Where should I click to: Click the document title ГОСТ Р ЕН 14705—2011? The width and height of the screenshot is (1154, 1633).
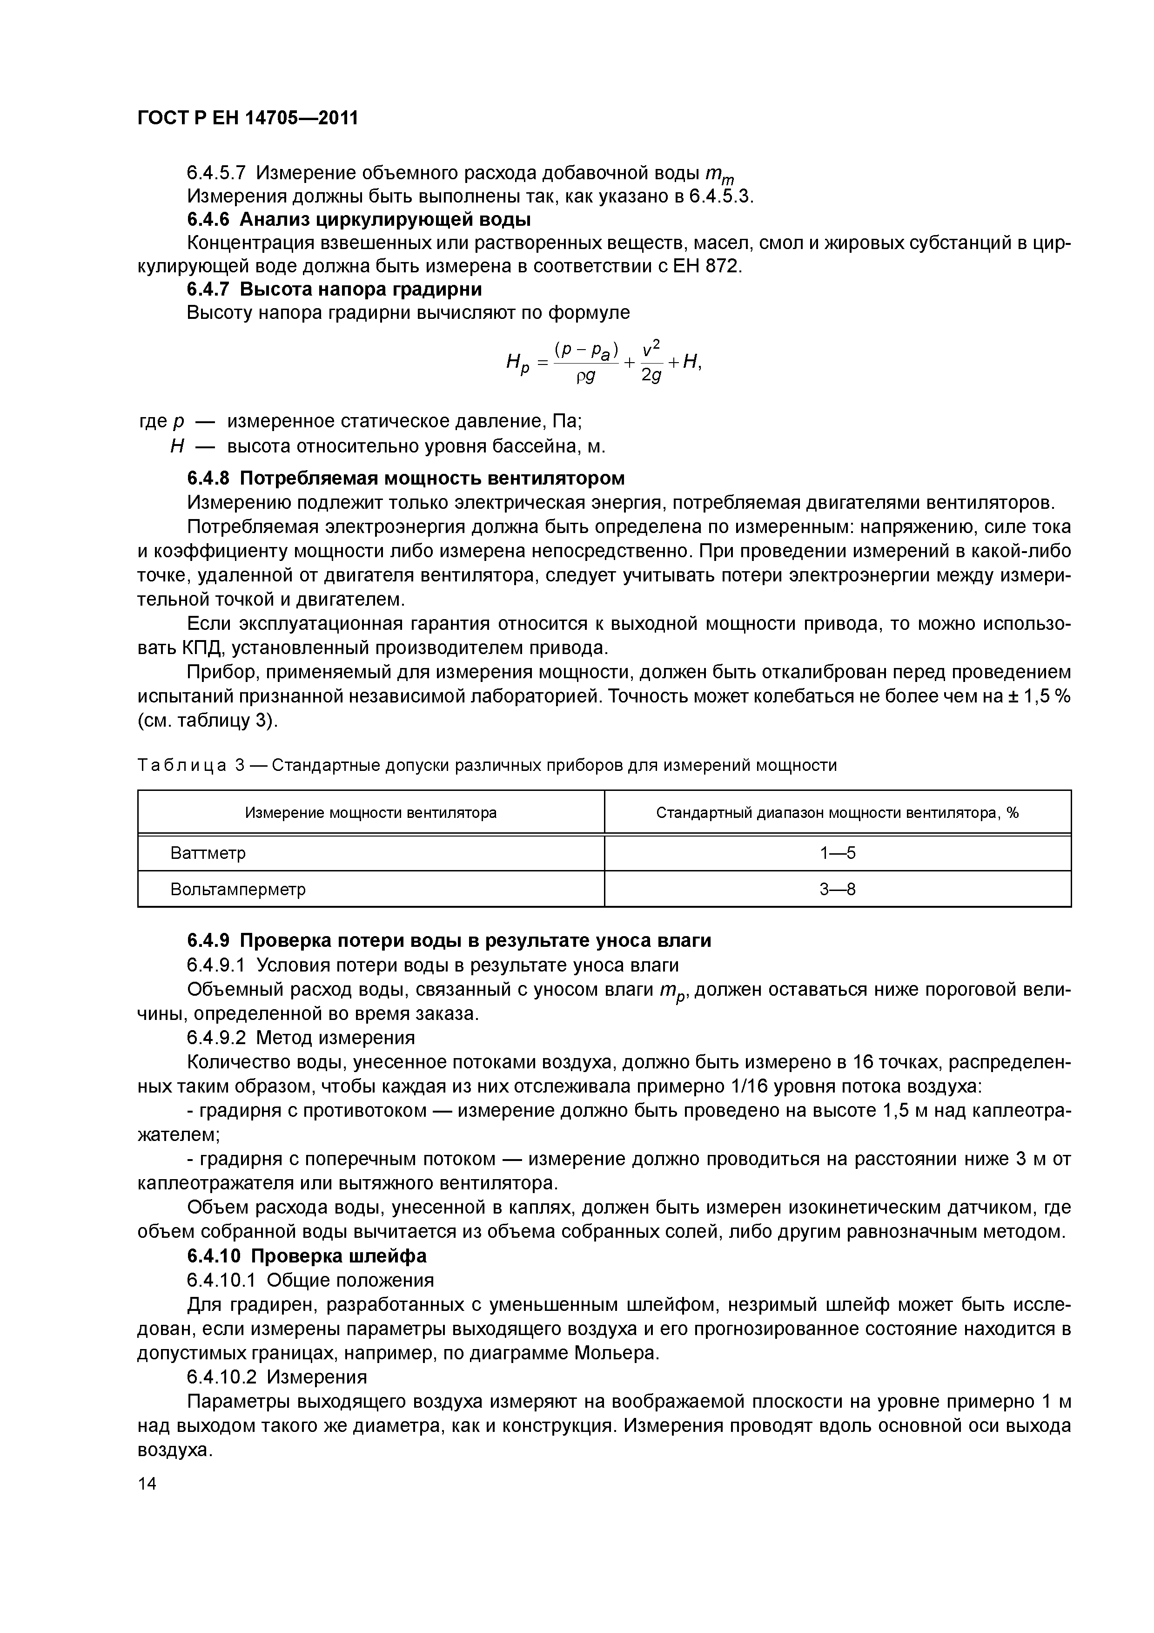coord(248,118)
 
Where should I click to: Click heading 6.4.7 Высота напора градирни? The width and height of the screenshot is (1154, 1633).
coord(334,290)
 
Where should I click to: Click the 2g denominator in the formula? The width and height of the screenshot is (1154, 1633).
coord(651,375)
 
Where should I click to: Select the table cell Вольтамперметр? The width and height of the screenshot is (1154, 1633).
coord(237,889)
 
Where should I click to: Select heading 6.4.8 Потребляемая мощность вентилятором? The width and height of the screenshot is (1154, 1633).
coord(406,477)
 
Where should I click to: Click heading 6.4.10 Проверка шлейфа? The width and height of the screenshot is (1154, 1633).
coord(307,1256)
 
